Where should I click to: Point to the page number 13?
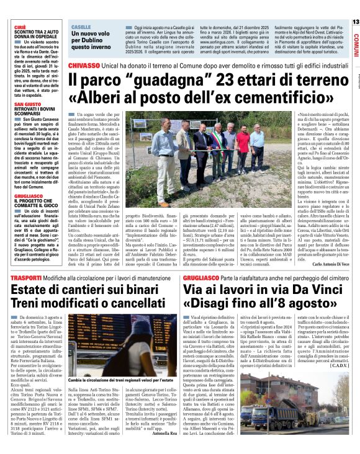click(355, 22)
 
